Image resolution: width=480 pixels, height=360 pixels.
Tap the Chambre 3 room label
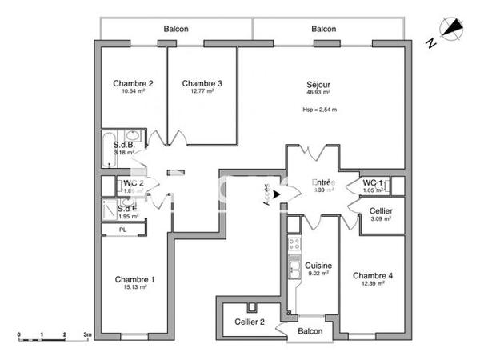pos(202,83)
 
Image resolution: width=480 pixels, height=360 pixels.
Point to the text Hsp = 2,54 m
pos(318,110)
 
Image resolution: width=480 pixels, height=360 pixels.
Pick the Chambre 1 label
pos(134,279)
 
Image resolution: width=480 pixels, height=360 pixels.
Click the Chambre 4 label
pos(373,276)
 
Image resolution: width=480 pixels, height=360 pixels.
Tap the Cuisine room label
pos(318,266)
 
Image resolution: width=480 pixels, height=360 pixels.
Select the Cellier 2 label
pos(249,321)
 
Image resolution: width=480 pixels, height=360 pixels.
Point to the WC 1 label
pos(374,183)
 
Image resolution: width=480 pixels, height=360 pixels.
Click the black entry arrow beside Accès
pos(278,192)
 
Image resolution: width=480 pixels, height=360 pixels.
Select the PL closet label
pos(122,230)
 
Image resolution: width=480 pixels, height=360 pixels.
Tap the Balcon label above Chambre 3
pos(176,29)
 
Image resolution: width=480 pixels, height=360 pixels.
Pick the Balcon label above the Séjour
pos(323,29)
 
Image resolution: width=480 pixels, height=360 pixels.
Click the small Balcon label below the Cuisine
pos(310,331)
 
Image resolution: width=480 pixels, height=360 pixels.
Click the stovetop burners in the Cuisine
pos(294,244)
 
